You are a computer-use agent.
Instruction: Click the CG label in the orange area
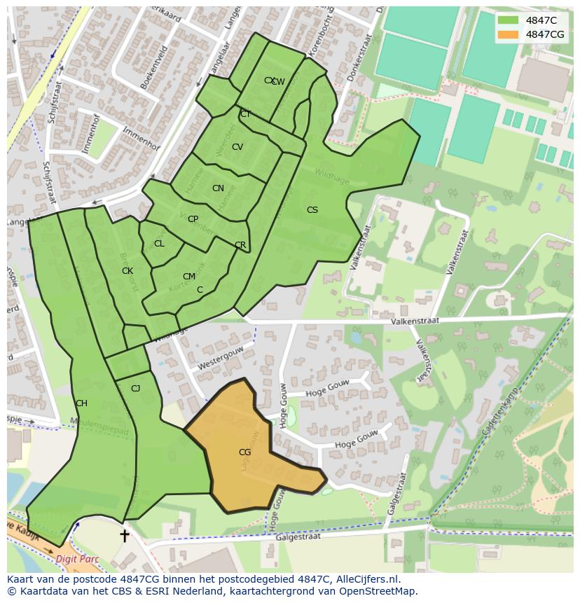[244, 452]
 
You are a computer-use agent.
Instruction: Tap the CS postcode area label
[312, 210]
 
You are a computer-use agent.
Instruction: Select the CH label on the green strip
[81, 403]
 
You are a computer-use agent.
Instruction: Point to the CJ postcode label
[135, 389]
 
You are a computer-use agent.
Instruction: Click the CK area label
[127, 271]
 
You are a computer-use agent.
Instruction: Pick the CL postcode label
[159, 244]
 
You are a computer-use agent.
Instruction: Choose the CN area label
[218, 188]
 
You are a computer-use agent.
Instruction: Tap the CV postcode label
[237, 147]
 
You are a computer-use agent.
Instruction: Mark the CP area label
[193, 219]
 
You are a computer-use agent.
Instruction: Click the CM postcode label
[188, 277]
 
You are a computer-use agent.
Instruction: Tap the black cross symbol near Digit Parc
[125, 536]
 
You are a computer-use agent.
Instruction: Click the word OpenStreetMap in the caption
[378, 591]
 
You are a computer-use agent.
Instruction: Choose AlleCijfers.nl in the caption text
[364, 579]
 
